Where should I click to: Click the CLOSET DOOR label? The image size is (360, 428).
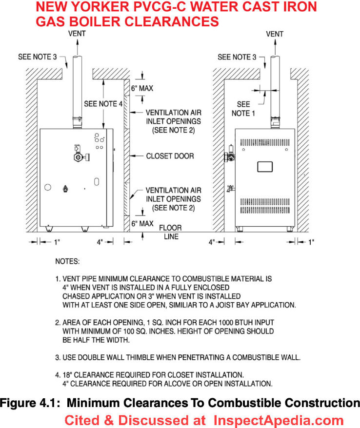pos(170,156)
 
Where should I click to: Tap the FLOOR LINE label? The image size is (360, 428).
pos(170,232)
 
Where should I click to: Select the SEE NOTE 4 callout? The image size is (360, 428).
pos(103,104)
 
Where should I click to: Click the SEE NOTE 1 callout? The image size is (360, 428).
pos(243,109)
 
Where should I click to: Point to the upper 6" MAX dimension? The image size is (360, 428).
pos(142,88)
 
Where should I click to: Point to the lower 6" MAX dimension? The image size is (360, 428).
pos(142,224)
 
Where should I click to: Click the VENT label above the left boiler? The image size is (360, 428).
pos(77,34)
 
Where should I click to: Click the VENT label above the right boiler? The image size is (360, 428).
pos(275,34)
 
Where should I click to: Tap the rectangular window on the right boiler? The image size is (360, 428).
pos(265,167)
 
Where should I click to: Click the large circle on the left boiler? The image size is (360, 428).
pos(48,187)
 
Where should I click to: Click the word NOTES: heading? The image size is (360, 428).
pos(67,261)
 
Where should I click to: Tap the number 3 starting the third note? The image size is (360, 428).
pos(57,358)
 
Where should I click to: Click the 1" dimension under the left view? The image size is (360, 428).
pos(57,242)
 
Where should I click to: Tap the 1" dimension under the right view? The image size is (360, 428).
pos(311,242)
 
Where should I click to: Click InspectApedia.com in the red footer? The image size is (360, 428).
pos(279,420)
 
